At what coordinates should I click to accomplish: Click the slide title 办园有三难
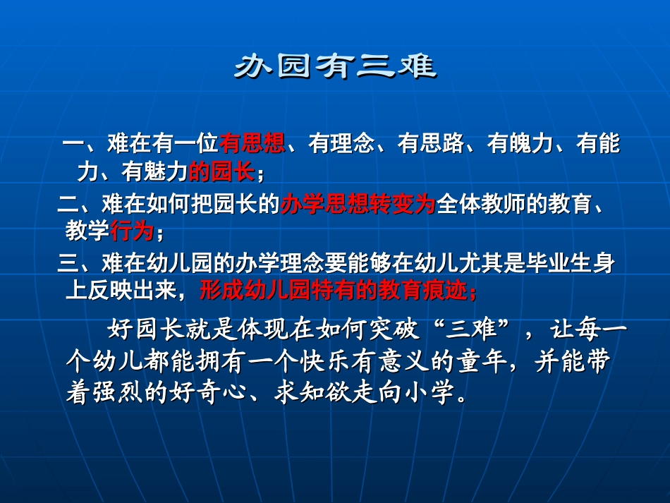point(334,66)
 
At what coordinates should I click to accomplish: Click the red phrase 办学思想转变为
point(358,205)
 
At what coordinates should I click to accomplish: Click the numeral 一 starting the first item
point(73,145)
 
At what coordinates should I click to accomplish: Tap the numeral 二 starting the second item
point(68,205)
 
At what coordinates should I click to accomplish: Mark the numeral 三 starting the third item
point(68,265)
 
